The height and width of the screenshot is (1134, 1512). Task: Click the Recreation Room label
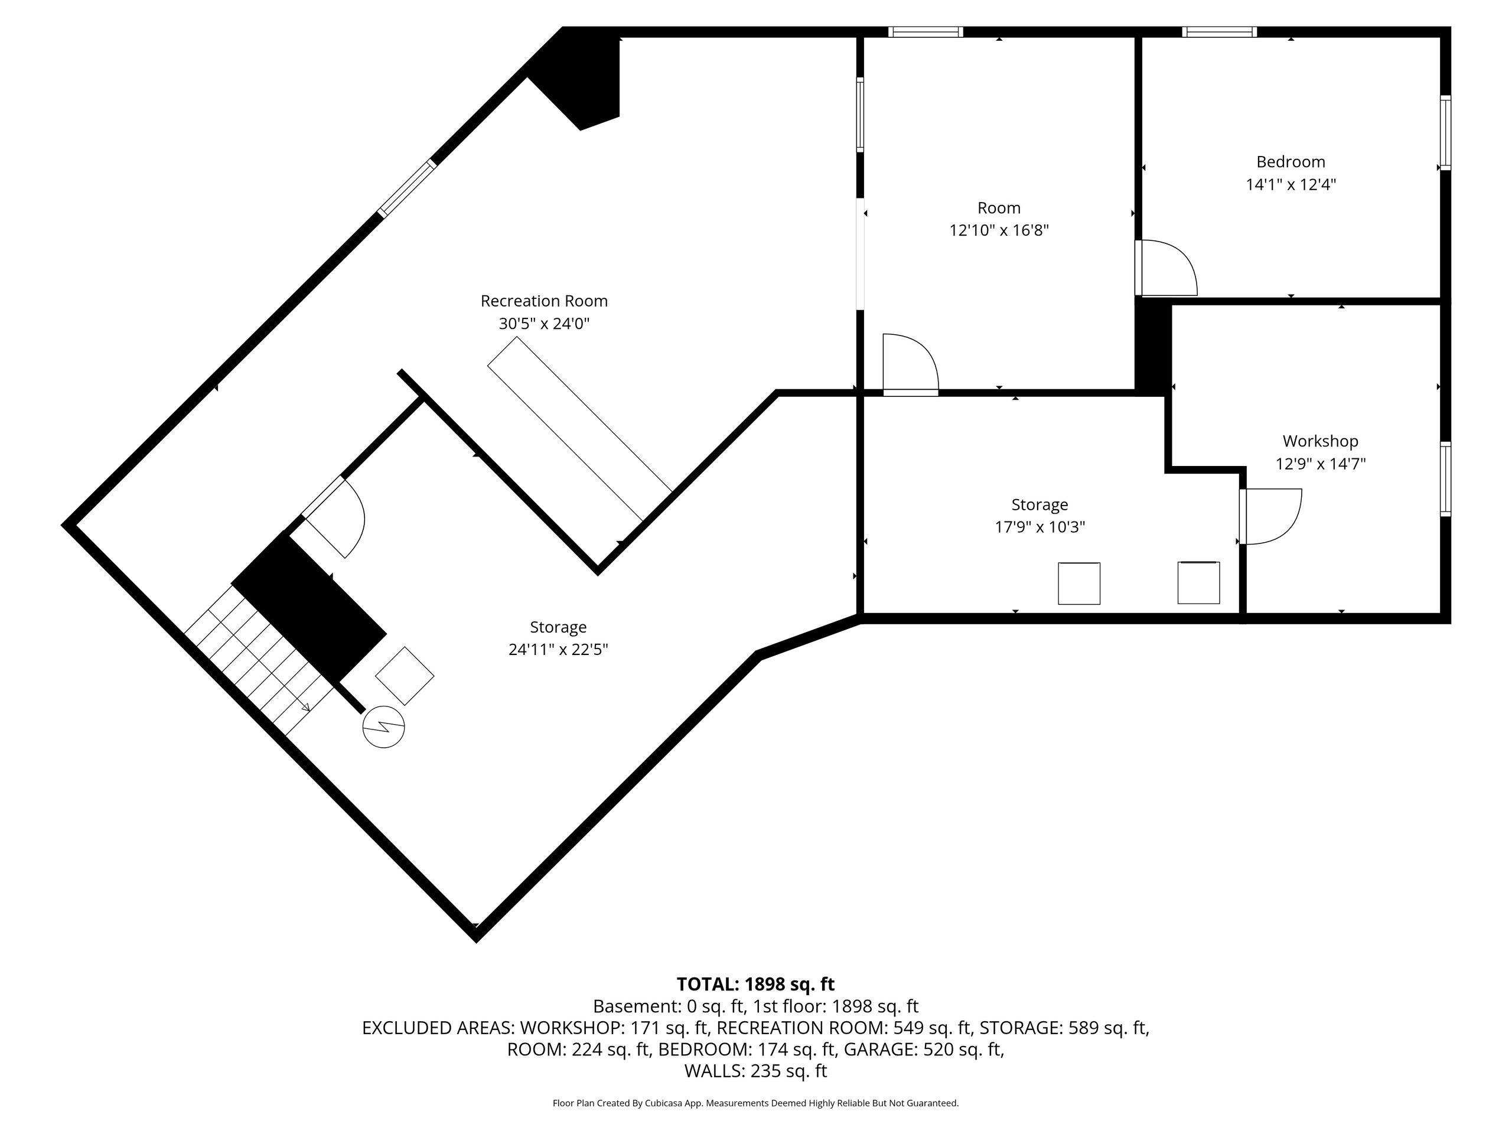pyautogui.click(x=543, y=301)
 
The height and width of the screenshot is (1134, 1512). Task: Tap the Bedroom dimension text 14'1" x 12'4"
pyautogui.click(x=1290, y=184)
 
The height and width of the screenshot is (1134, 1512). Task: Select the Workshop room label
pyautogui.click(x=1319, y=441)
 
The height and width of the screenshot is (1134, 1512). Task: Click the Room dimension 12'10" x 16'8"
pyautogui.click(x=998, y=230)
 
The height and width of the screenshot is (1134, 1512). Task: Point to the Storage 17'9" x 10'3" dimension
pyautogui.click(x=1039, y=527)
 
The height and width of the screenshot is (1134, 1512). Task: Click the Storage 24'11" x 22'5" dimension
pyautogui.click(x=558, y=649)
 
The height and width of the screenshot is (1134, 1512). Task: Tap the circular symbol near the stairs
pyautogui.click(x=383, y=727)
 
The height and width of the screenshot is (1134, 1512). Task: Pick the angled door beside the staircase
pyautogui.click(x=335, y=516)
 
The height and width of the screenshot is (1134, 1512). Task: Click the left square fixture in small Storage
pyautogui.click(x=1078, y=583)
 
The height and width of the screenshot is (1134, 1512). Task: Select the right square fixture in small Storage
pyautogui.click(x=1198, y=582)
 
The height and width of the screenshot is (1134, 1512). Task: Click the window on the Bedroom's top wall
pyautogui.click(x=1219, y=31)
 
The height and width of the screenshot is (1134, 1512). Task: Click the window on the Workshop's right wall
pyautogui.click(x=1445, y=478)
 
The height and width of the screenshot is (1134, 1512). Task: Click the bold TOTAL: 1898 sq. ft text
pyautogui.click(x=755, y=985)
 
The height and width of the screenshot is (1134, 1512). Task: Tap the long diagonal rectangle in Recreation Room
pyautogui.click(x=579, y=438)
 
